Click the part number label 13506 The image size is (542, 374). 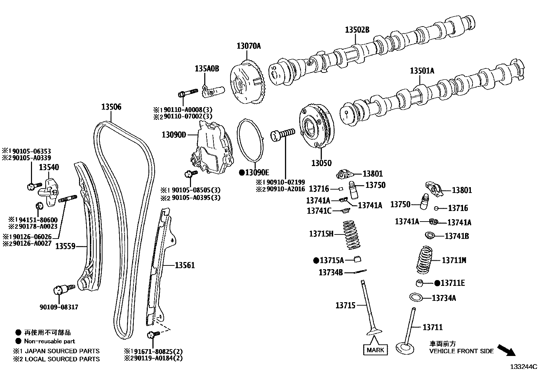click(x=111, y=107)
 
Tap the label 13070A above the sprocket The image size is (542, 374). click(x=249, y=46)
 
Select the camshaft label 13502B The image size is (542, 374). click(x=357, y=30)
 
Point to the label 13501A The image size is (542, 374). click(x=422, y=71)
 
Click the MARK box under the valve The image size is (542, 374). click(x=376, y=349)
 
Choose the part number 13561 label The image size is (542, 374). click(x=185, y=265)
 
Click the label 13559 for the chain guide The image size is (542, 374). click(x=65, y=246)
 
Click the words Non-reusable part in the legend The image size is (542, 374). click(x=49, y=341)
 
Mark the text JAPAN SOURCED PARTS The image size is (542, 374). click(x=62, y=351)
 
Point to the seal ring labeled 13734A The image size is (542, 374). click(x=415, y=297)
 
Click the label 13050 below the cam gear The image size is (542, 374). click(x=321, y=163)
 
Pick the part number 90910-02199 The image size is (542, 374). click(x=286, y=182)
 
